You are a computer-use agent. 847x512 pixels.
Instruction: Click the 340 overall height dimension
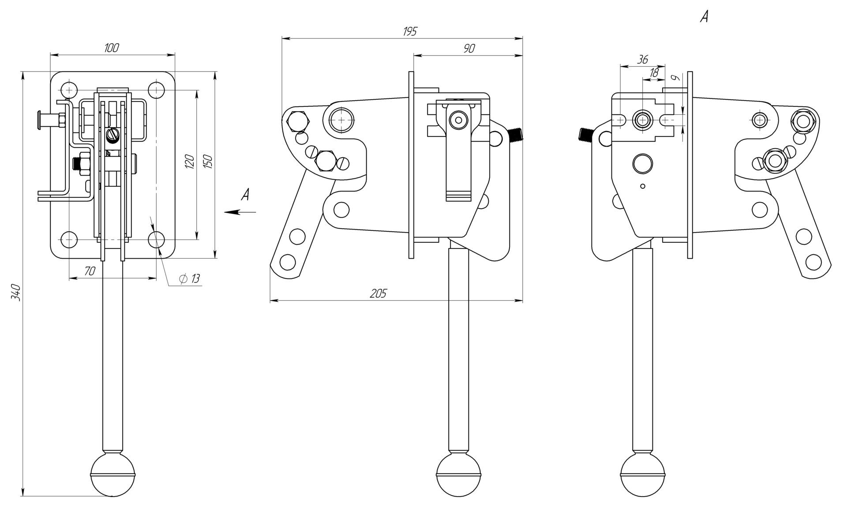tap(16, 292)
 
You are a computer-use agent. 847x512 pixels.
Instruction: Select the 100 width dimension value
tap(112, 48)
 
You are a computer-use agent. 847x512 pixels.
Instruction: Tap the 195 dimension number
tap(409, 32)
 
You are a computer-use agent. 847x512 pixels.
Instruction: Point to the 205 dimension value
tap(378, 294)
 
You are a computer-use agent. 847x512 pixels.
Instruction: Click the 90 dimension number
tap(469, 49)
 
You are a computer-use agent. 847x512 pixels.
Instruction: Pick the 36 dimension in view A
tap(643, 60)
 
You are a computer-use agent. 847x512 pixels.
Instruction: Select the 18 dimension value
tap(654, 72)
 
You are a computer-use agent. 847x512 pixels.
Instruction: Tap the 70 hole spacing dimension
tap(90, 271)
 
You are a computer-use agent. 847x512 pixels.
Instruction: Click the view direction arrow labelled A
tap(240, 212)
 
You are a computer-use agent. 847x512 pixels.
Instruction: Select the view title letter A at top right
tap(705, 17)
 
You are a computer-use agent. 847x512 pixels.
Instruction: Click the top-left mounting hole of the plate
tap(68, 90)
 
